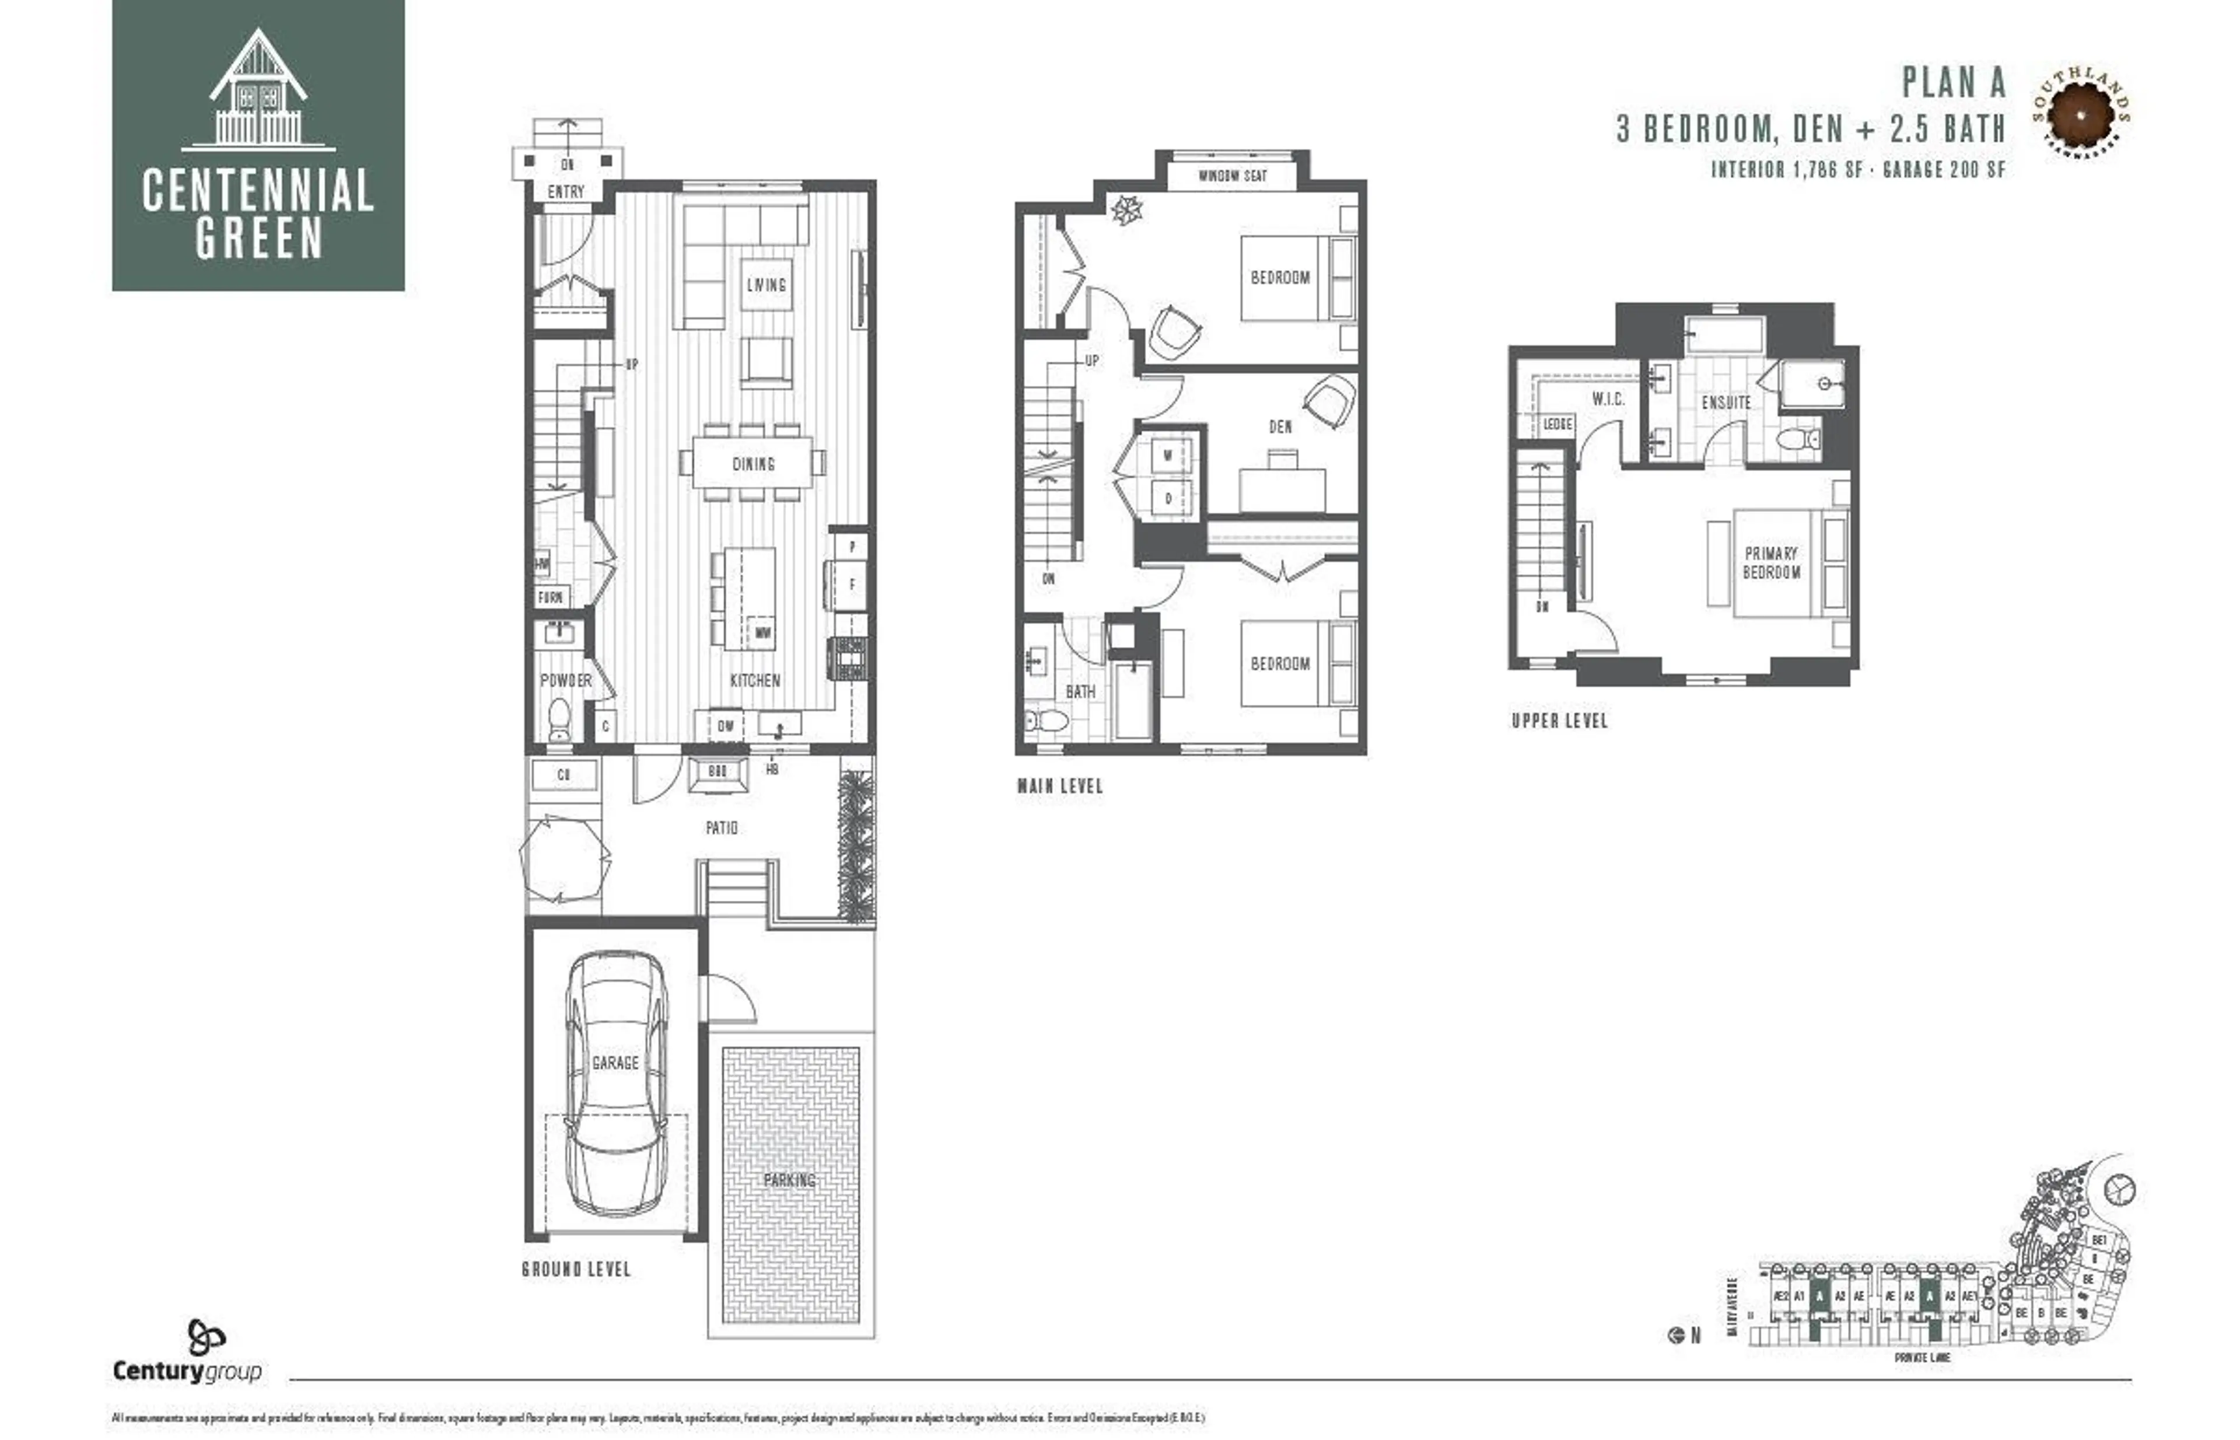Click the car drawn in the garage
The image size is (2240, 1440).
click(616, 1085)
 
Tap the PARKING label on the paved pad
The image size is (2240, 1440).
click(790, 1180)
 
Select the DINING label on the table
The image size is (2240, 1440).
click(754, 464)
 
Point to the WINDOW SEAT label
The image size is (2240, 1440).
click(1232, 176)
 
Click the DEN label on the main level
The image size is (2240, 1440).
click(1280, 427)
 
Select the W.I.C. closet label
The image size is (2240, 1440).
click(1608, 399)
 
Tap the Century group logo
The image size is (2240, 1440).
click(187, 1353)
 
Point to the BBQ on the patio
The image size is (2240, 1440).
click(718, 773)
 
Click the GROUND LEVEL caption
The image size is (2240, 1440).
click(576, 1270)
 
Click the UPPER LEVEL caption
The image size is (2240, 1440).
click(1559, 721)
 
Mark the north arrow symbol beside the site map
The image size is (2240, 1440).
click(1676, 1336)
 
